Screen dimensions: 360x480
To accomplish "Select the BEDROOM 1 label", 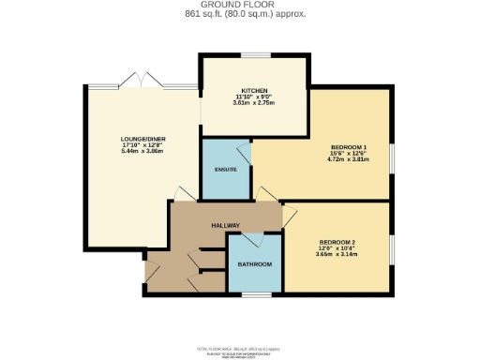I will pyautogui.click(x=348, y=148).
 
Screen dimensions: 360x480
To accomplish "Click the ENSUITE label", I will pyautogui.click(x=226, y=170).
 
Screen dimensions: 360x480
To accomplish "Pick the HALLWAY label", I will pyautogui.click(x=225, y=226).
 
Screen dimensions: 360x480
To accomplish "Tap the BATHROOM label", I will pyautogui.click(x=254, y=265).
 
